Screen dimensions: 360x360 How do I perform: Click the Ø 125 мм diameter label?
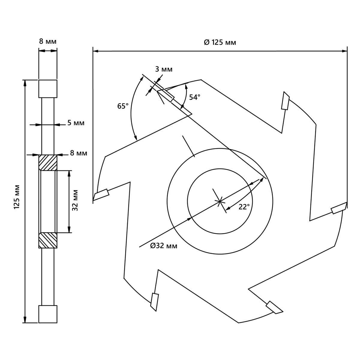coord(220,42)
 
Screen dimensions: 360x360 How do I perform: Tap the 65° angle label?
coord(123,106)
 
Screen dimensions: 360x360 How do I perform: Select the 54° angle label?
coord(194,97)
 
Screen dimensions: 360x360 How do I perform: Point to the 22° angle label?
coord(244,207)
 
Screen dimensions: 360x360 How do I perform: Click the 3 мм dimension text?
coord(163,69)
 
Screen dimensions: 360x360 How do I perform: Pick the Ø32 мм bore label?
coord(164,246)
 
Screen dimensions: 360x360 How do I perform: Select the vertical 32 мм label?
coord(75,200)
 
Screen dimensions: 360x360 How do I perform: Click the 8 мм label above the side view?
coord(48,41)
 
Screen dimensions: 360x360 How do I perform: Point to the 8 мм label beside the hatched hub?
coord(79,153)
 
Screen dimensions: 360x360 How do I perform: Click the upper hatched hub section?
coord(48,163)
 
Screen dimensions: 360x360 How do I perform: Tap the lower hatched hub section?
coord(48,240)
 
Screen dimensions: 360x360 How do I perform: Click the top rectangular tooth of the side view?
coord(48,89)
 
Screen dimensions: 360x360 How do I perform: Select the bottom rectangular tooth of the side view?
coord(48,314)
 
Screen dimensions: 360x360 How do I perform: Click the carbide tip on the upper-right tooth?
coord(285,101)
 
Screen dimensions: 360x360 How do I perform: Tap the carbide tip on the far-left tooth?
coord(101,194)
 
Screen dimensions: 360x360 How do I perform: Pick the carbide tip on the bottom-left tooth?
coord(154,301)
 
